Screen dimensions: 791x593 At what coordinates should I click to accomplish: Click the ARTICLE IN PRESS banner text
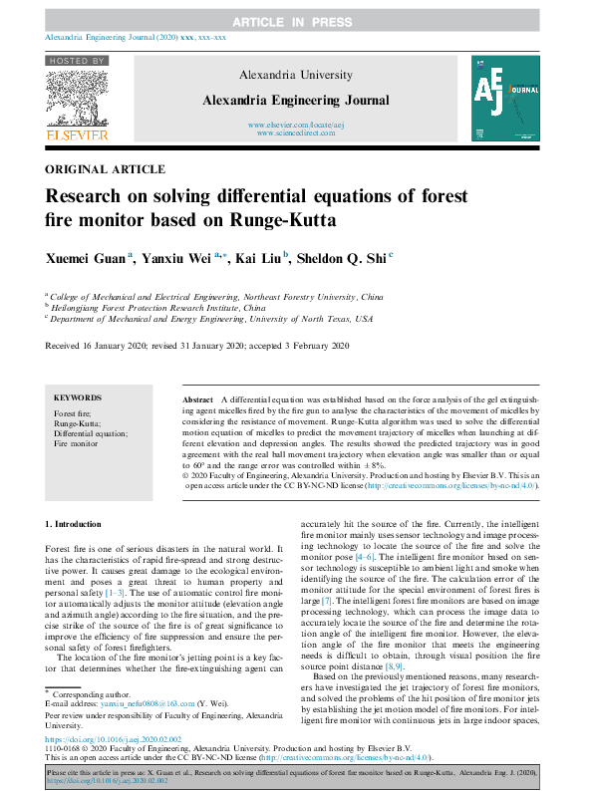[x=295, y=21]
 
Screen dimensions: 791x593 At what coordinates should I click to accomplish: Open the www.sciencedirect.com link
[x=295, y=132]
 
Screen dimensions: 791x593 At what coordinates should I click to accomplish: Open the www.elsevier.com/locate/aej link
[x=295, y=125]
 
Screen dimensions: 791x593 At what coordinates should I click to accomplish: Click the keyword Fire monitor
[x=76, y=444]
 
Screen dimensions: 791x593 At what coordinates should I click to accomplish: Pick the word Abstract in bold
[x=199, y=397]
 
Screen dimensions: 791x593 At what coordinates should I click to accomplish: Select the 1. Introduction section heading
[x=74, y=524]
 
